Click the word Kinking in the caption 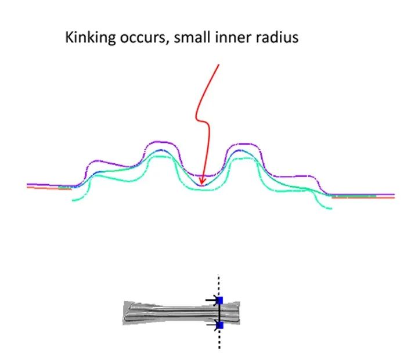click(90, 38)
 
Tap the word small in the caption click(192, 37)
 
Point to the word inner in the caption click(233, 37)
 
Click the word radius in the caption click(277, 37)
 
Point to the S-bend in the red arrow click(203, 120)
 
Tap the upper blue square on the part click(220, 300)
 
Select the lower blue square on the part click(220, 325)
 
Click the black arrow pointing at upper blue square click(212, 300)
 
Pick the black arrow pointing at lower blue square click(212, 325)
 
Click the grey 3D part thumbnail click(181, 312)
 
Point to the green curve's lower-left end click(73, 200)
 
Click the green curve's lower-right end click(331, 208)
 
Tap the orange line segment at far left click(49, 188)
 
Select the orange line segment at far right click(363, 197)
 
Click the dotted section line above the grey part click(219, 285)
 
